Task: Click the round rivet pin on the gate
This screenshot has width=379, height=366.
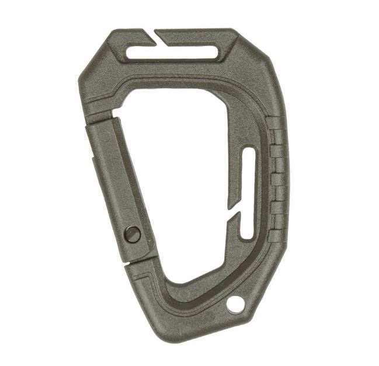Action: [x=133, y=235]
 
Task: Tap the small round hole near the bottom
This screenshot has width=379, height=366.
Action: [x=235, y=304]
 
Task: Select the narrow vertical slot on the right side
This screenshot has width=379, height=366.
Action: [x=248, y=193]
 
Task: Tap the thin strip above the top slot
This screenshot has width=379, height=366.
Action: [x=193, y=35]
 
